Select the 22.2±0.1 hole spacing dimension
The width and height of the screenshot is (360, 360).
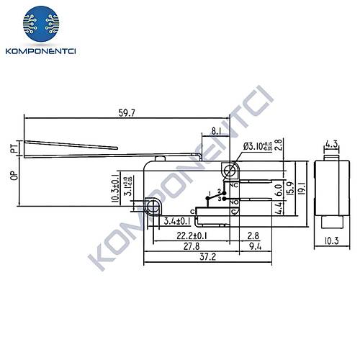(x=183, y=235)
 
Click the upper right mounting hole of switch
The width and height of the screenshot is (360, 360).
(x=230, y=171)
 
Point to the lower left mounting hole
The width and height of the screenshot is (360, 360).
(x=152, y=208)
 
